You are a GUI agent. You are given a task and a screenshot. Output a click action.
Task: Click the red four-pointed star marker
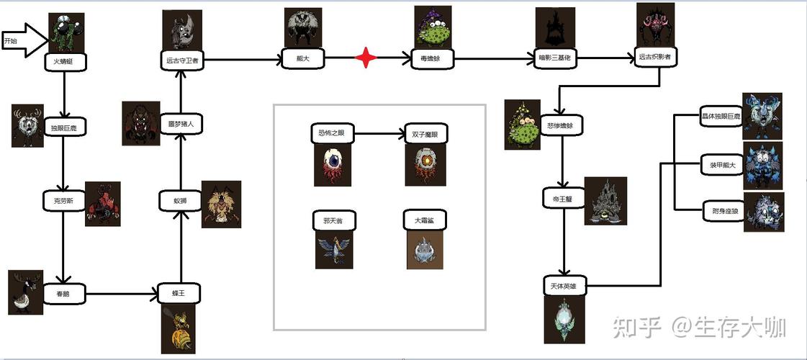click(366, 58)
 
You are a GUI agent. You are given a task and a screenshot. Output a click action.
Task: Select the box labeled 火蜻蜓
click(64, 62)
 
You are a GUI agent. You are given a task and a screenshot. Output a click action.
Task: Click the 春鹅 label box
click(64, 294)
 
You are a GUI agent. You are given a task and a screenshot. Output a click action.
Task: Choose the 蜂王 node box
click(179, 294)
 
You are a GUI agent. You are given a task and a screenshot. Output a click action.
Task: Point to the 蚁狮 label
click(179, 202)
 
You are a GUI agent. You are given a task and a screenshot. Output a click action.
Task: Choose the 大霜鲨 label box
click(424, 221)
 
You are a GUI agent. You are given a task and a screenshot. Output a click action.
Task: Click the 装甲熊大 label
click(721, 166)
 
